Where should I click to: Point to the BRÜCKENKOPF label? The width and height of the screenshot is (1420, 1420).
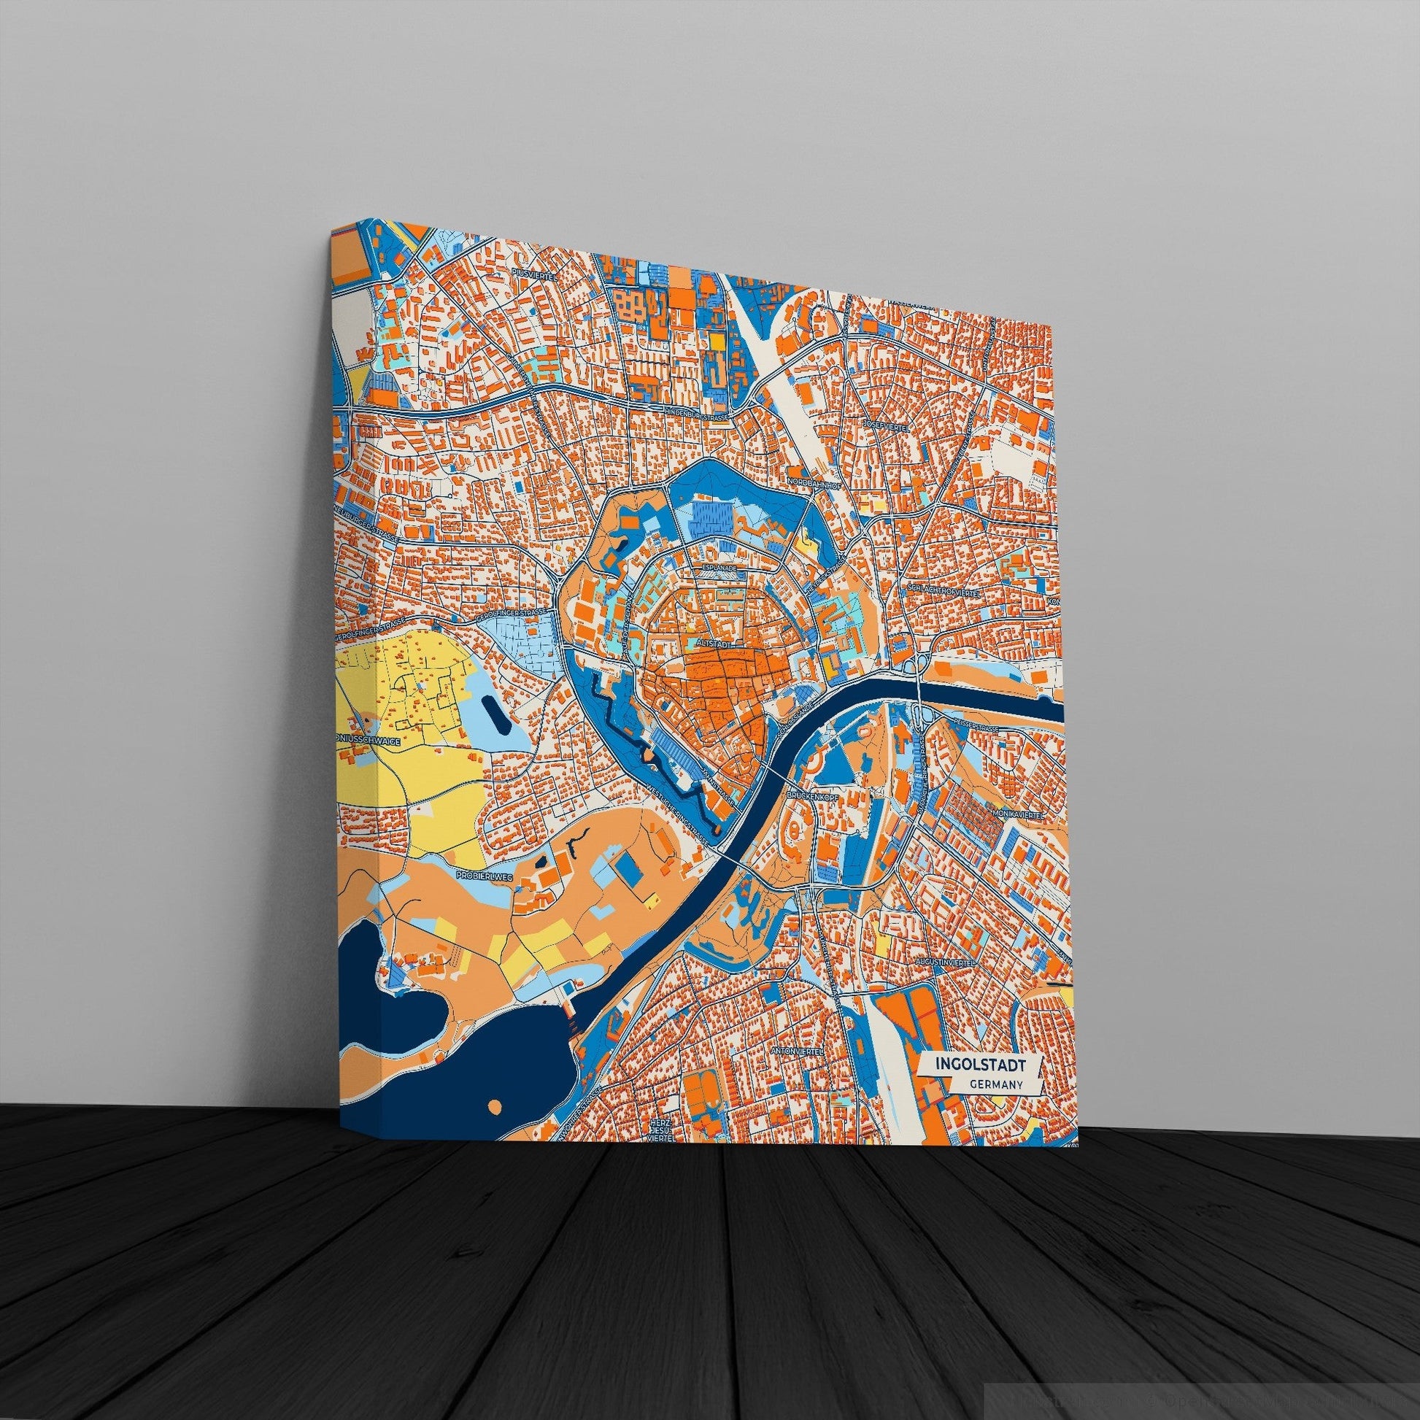[809, 795]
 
